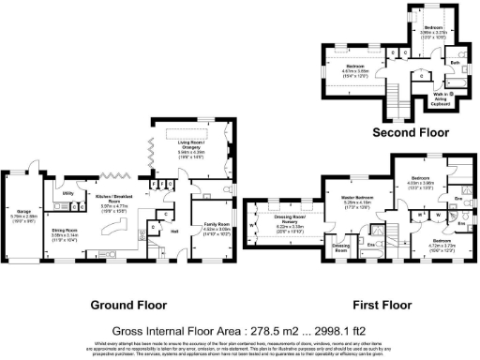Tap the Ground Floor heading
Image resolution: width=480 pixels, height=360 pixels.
click(x=127, y=305)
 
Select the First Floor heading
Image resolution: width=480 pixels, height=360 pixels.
click(x=381, y=305)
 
